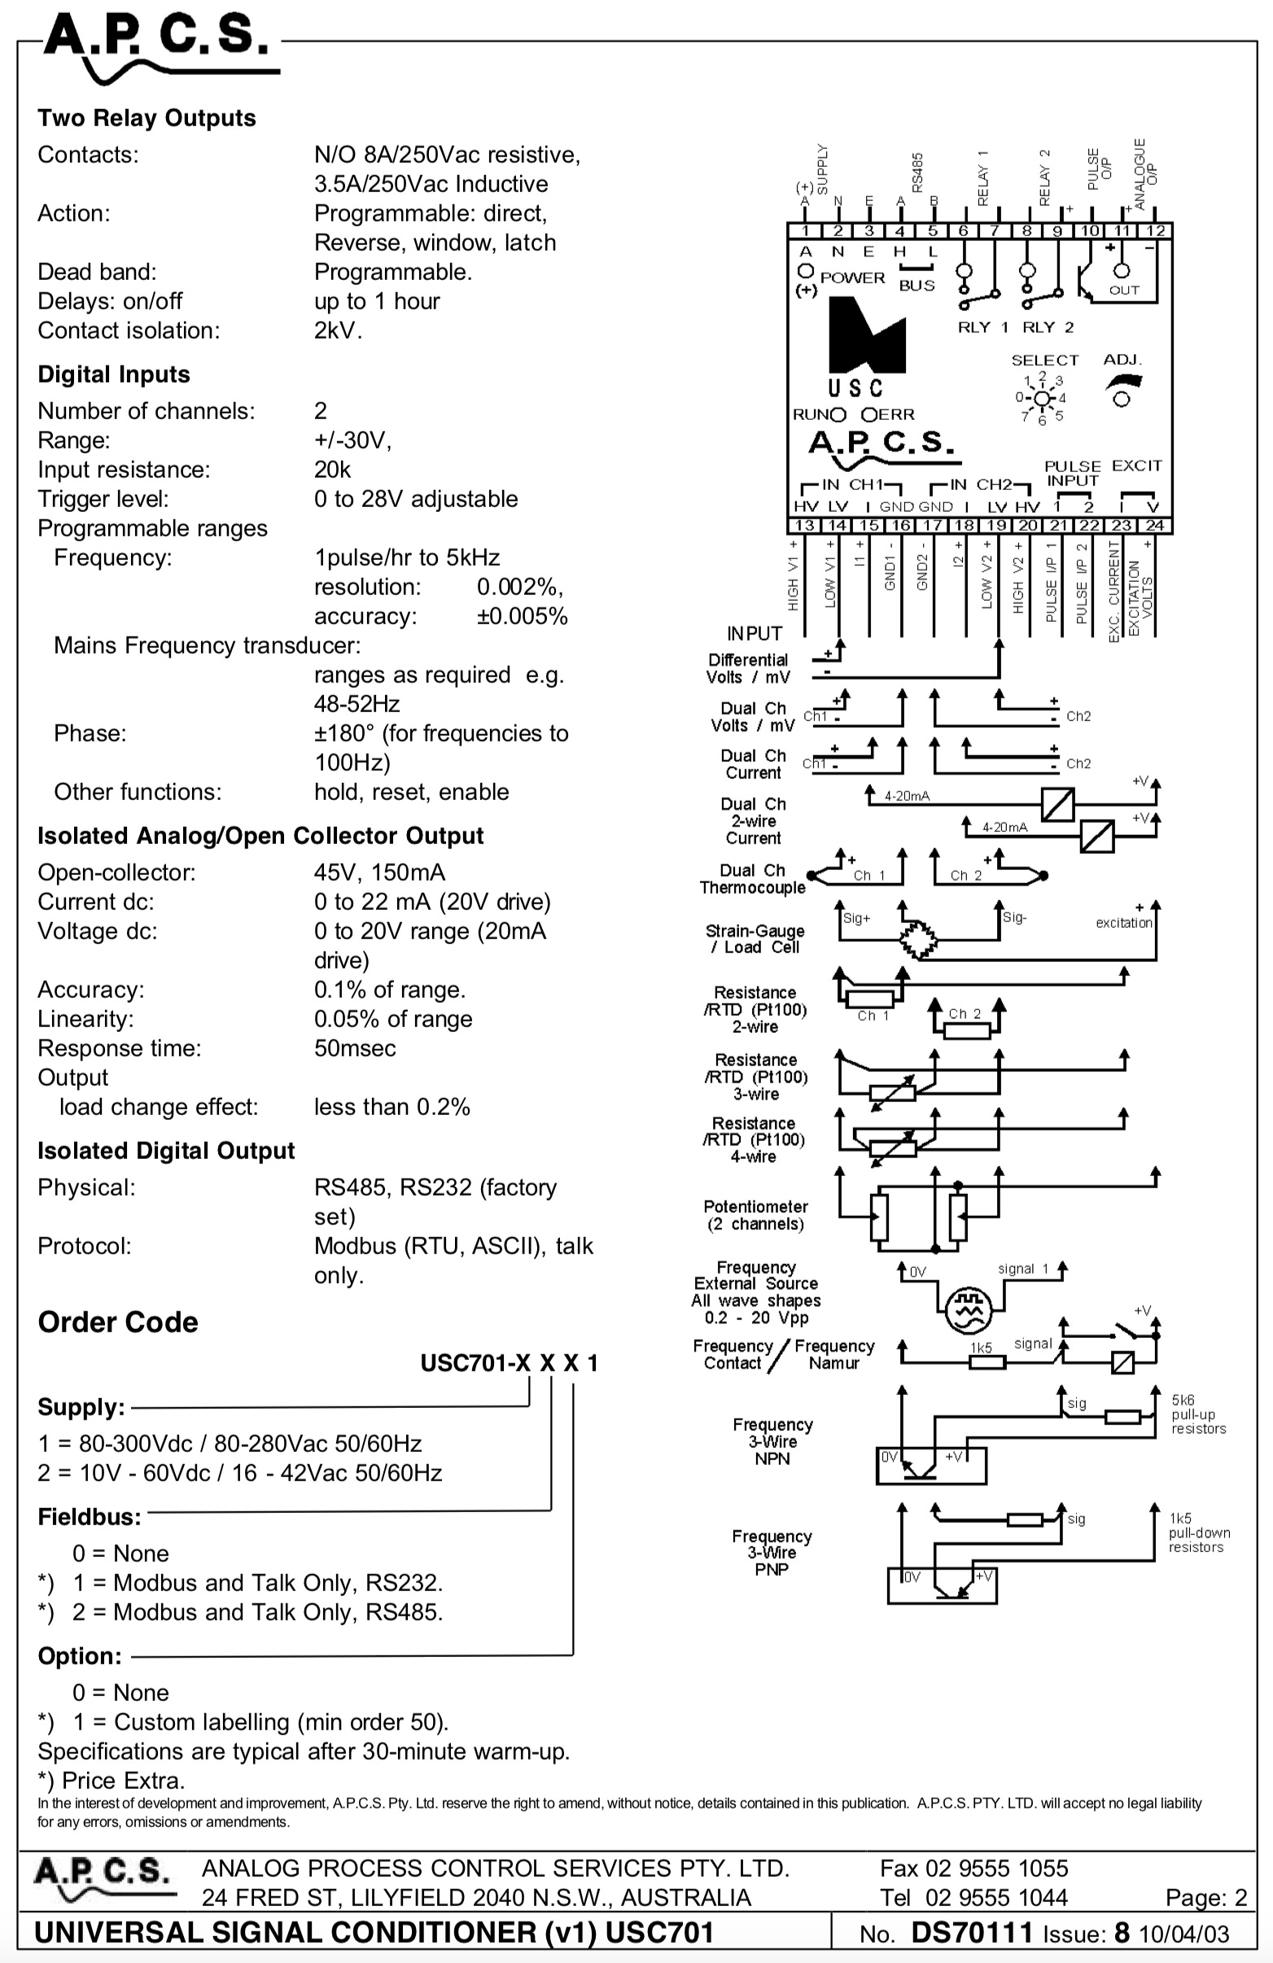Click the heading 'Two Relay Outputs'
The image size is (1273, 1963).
[x=147, y=118]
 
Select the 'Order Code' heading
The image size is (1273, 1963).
[x=118, y=1322]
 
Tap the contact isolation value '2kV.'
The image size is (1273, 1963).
[x=339, y=330]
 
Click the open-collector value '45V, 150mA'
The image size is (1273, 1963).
[x=379, y=872]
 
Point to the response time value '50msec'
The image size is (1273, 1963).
[x=355, y=1047]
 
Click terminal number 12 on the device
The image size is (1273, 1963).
[x=1155, y=231]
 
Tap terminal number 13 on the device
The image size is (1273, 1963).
[x=804, y=526]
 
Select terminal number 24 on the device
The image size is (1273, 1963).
[x=1154, y=526]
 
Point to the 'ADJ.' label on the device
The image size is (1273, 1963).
[x=1122, y=360]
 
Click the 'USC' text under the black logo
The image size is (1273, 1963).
[x=855, y=387]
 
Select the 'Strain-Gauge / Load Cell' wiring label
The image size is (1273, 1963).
[x=755, y=938]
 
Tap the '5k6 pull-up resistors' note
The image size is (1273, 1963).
[x=1199, y=1414]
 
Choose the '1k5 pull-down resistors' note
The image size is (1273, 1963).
[x=1200, y=1532]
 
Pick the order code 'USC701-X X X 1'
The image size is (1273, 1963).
[x=509, y=1362]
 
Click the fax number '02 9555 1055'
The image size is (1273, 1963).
[x=996, y=1867]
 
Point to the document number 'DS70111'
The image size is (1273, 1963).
[x=972, y=1933]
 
